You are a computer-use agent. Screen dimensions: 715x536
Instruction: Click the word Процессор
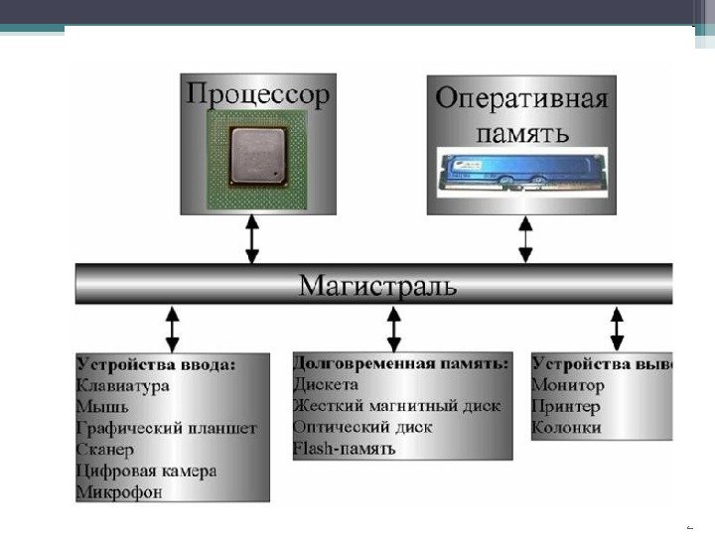click(x=256, y=97)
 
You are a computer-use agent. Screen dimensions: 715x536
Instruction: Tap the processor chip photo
click(x=253, y=157)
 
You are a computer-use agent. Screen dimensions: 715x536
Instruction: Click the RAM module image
click(x=521, y=170)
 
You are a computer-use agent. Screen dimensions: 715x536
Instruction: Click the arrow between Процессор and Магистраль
click(x=252, y=239)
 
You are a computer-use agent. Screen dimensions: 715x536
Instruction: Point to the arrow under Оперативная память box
click(x=525, y=239)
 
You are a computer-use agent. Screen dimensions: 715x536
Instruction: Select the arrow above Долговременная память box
click(x=394, y=328)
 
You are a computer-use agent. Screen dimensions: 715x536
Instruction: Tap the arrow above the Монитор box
click(x=617, y=328)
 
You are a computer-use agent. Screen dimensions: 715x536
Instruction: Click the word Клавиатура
click(x=123, y=385)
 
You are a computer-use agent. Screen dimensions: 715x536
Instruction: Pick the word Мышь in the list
click(x=102, y=407)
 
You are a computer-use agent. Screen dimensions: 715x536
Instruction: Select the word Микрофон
click(x=118, y=491)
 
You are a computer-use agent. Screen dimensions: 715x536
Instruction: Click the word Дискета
click(x=326, y=384)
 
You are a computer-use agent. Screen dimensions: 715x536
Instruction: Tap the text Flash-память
click(x=345, y=449)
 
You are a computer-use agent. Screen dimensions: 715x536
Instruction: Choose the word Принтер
click(x=566, y=407)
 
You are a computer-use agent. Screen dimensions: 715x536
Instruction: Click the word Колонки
click(x=567, y=428)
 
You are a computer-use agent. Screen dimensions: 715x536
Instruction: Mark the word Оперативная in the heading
click(x=522, y=101)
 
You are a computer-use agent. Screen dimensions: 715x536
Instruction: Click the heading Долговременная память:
click(x=401, y=363)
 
